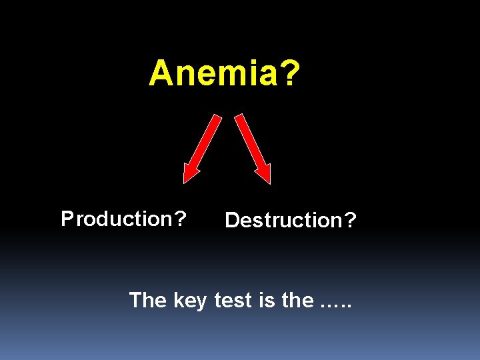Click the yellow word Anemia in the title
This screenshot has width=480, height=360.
coord(213,73)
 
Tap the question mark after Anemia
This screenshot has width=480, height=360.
coord(288,73)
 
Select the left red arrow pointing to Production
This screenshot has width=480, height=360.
coord(203,147)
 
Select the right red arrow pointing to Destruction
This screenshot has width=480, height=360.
coord(253,147)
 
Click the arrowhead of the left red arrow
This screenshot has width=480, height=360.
coord(191,174)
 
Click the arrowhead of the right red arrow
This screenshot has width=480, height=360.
coord(264,174)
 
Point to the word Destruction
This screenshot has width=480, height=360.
coord(283,220)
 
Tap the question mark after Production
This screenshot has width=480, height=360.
coord(180,219)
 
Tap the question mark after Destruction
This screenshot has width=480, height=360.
coord(351,220)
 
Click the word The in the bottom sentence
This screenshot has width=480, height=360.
coord(148,300)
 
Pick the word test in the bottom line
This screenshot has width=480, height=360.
coord(233,300)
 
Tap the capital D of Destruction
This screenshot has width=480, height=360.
coord(233,220)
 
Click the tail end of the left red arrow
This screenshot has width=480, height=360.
coord(217,119)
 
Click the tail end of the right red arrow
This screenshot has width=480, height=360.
coord(240,119)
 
